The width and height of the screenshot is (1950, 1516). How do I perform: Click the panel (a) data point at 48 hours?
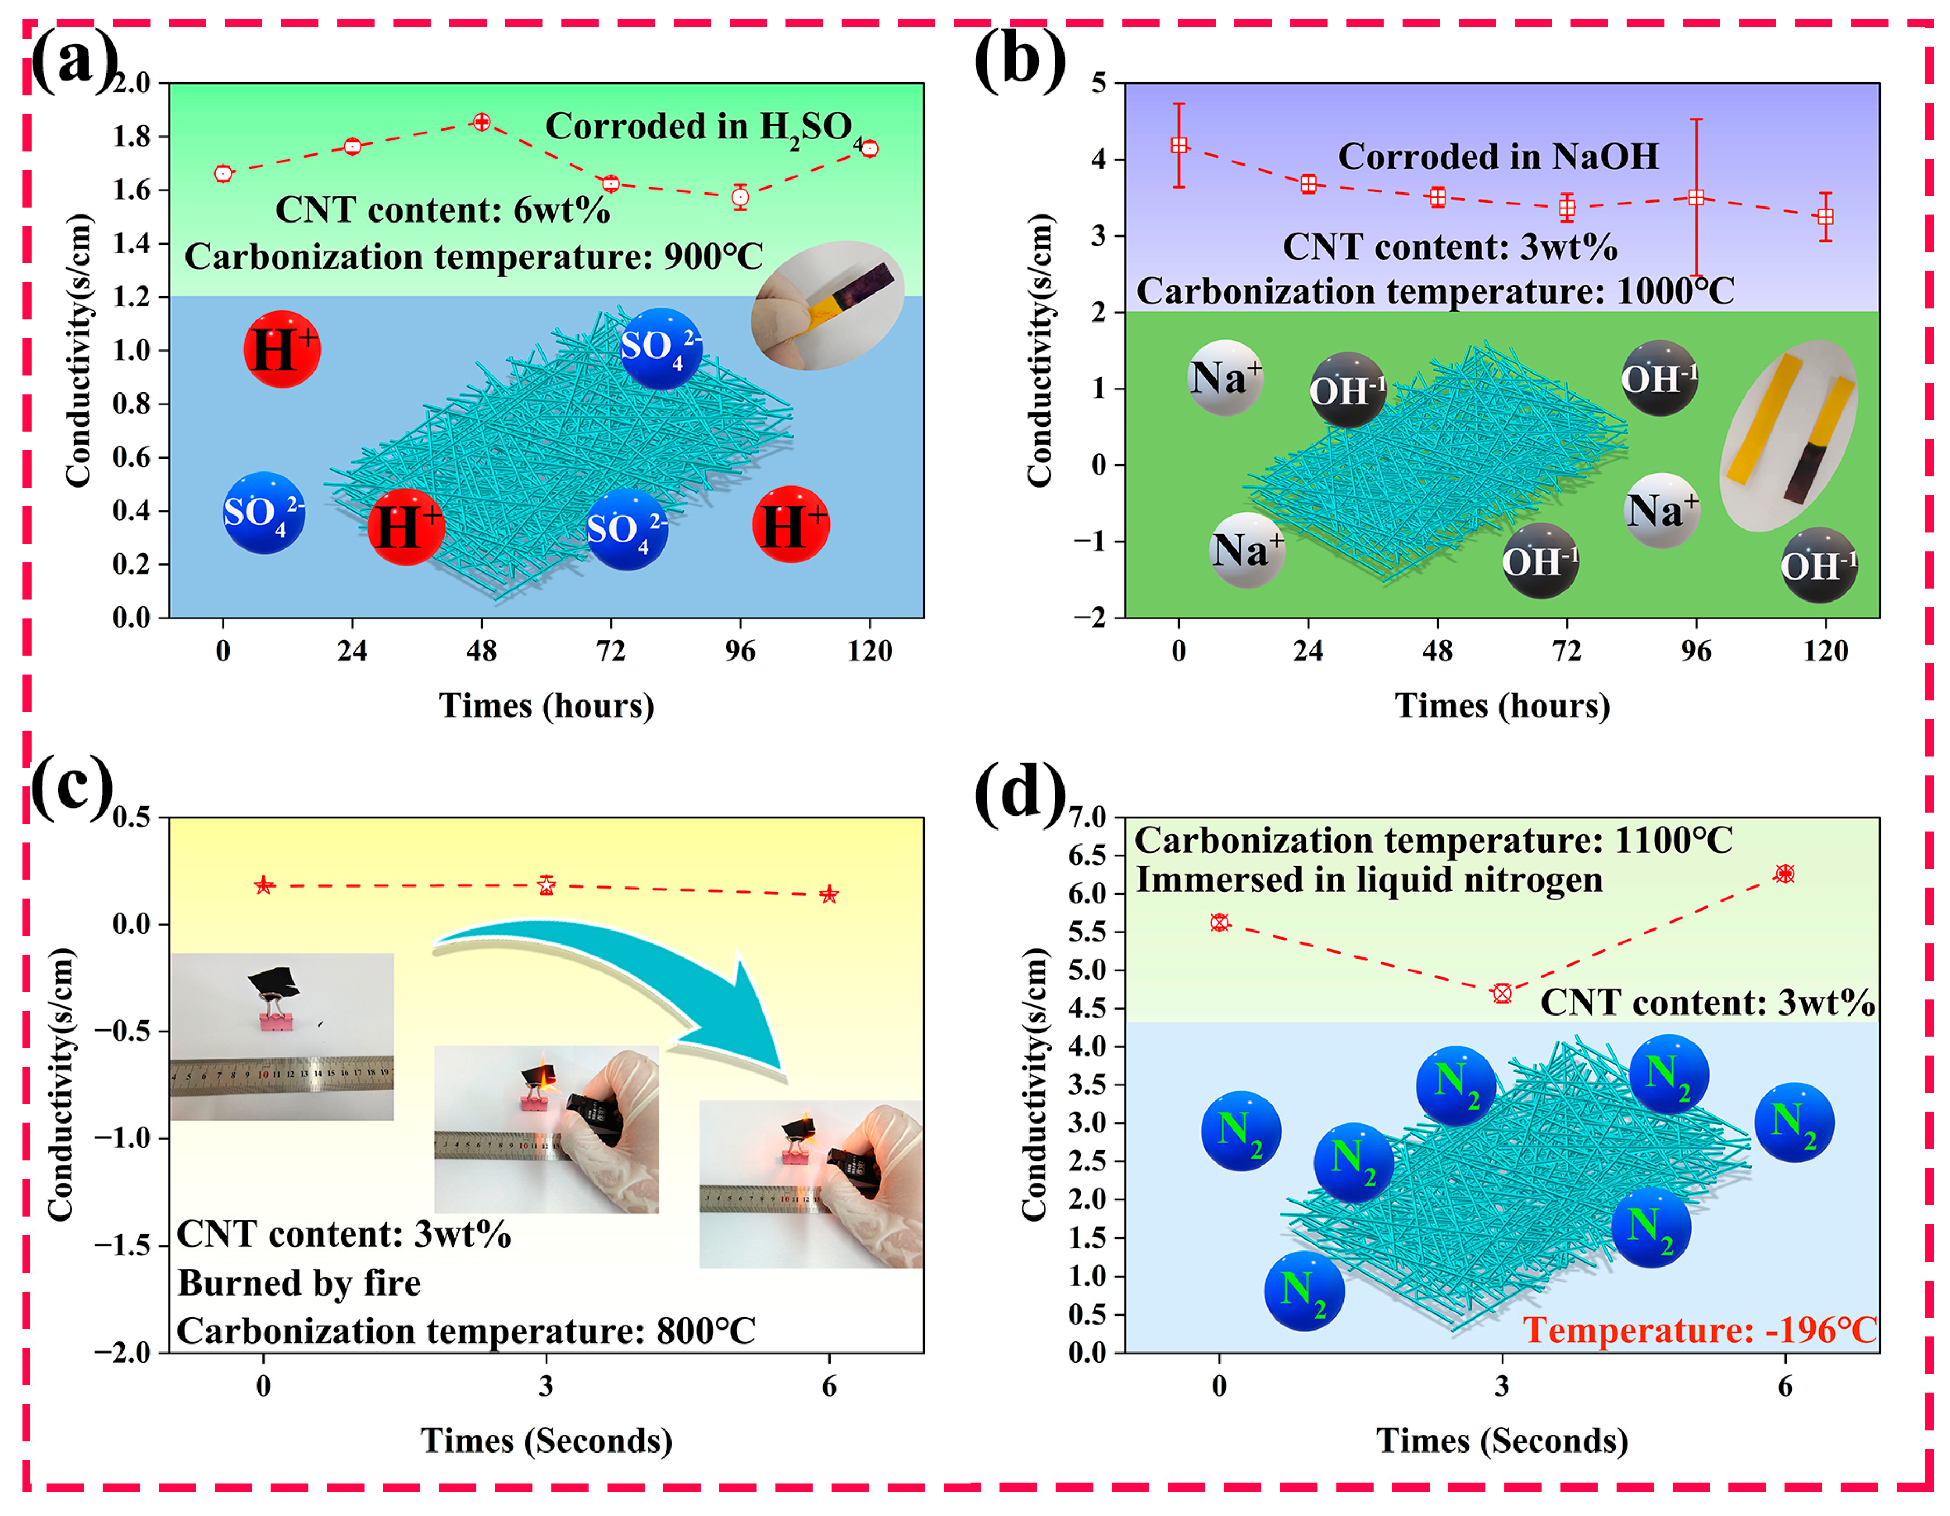coord(481,121)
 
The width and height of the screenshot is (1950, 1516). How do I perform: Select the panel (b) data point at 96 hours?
coord(1696,197)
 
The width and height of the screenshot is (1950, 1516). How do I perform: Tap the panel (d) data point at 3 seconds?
coord(1502,993)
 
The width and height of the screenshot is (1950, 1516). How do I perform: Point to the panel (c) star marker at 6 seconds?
coord(828,893)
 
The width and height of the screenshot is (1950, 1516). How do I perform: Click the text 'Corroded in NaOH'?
coord(1497,156)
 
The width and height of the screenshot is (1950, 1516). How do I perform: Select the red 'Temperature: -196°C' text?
coord(1699,1331)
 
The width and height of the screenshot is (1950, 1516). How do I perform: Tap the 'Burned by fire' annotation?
coord(299,1283)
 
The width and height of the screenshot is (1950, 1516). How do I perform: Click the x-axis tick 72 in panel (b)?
coord(1566,651)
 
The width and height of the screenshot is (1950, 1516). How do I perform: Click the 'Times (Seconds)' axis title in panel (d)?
coord(1502,1440)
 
